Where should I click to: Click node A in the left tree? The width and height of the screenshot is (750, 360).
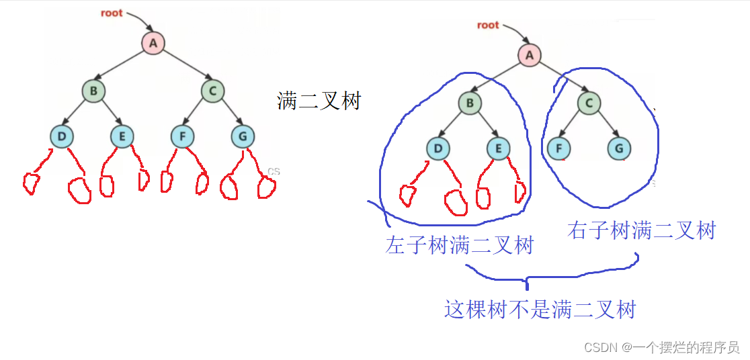[x=153, y=44]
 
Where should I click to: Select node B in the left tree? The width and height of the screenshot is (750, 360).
[x=93, y=91]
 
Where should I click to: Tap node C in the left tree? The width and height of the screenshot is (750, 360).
[x=212, y=91]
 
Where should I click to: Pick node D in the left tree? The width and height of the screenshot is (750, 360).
[x=61, y=138]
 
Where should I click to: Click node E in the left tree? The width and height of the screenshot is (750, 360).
[x=122, y=138]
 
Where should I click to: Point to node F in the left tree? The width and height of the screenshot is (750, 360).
[x=182, y=138]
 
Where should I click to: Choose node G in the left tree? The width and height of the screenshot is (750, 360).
[x=242, y=138]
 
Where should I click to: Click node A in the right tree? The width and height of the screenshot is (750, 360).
[x=530, y=55]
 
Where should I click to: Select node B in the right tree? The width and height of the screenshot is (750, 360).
[x=470, y=103]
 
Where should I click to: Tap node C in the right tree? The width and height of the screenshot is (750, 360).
[x=589, y=103]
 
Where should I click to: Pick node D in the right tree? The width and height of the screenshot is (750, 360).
[x=437, y=148]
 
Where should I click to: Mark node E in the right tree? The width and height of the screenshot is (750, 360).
[x=498, y=148]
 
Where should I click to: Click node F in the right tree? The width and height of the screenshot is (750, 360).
[x=558, y=148]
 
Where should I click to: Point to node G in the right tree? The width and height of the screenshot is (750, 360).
[x=618, y=148]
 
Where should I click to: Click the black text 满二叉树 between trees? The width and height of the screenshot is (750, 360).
[x=319, y=101]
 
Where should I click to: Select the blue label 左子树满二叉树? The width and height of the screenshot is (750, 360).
[x=459, y=246]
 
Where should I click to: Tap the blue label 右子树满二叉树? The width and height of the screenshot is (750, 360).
[x=641, y=231]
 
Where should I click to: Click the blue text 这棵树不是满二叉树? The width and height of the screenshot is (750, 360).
[x=540, y=310]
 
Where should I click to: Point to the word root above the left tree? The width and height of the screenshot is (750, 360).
[x=112, y=12]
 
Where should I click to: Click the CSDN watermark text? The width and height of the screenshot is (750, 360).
[x=662, y=347]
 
